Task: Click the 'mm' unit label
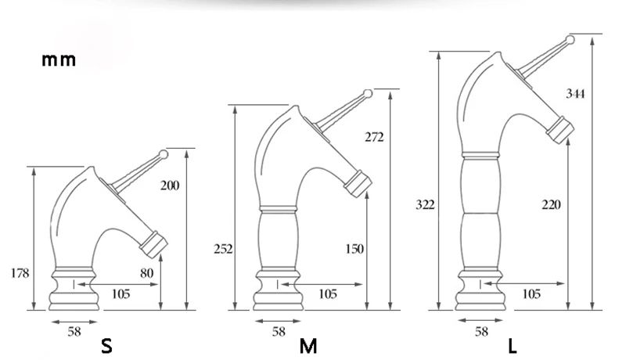59,59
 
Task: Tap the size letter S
106,346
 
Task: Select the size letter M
308,346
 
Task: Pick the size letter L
513,346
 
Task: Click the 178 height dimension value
20,273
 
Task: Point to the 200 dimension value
170,185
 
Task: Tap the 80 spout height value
146,273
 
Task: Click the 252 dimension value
223,249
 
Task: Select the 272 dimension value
374,137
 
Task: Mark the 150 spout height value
354,249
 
